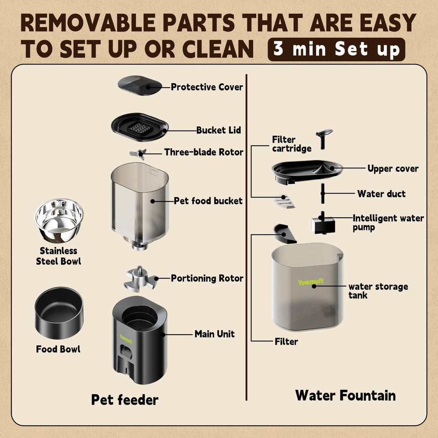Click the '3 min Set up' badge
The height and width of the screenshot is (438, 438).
pos(336,49)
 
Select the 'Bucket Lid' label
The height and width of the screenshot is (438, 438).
pos(219,130)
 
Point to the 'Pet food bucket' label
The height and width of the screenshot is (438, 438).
pos(208,201)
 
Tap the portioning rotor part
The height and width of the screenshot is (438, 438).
pos(139,279)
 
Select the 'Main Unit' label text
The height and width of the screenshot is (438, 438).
pos(215,334)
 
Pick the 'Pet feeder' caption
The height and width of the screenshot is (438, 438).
pos(125,399)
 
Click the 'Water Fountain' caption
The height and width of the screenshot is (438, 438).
pos(346,395)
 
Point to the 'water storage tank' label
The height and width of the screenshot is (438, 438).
pos(378,291)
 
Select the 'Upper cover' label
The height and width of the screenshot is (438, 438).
pos(393,169)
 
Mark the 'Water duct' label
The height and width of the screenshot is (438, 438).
pos(381,194)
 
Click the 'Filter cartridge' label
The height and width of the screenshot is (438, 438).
pos(292,144)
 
